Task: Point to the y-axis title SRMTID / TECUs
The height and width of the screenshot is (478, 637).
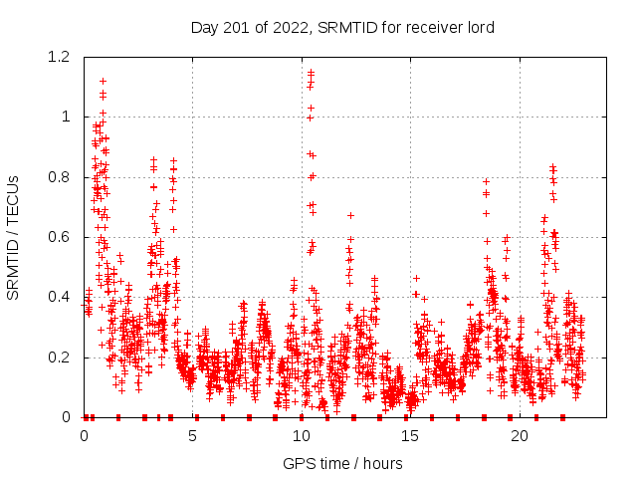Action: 13,237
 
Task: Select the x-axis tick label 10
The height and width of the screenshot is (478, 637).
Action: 301,435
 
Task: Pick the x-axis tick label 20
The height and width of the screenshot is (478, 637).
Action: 519,435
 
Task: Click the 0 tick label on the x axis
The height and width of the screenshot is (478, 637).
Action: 84,435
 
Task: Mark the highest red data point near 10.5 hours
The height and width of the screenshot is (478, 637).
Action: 311,72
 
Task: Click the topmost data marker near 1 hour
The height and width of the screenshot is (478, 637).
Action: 103,80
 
